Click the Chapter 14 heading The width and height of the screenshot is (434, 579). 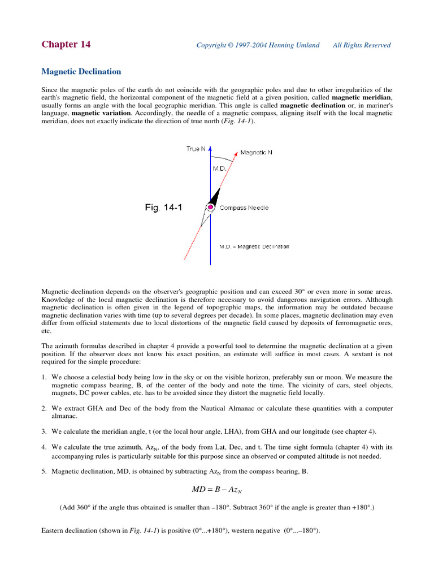66,45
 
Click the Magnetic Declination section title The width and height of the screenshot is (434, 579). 81,72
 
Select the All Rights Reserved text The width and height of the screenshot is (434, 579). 362,45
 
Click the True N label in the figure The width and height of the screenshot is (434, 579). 196,149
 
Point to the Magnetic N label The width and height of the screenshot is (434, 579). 256,152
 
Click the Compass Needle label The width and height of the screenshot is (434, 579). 244,208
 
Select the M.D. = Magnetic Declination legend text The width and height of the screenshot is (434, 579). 254,247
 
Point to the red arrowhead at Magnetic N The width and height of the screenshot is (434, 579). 235,153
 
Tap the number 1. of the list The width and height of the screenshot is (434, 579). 44,377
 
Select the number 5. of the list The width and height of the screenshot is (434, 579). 44,471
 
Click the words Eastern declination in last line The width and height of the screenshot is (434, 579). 70,531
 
